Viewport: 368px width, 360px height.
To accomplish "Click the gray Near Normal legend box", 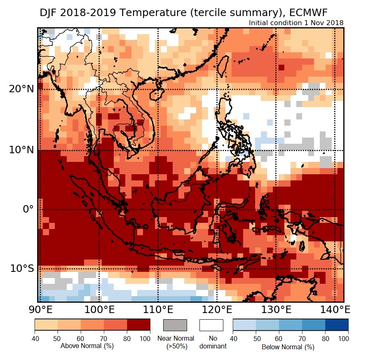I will pos(175,325).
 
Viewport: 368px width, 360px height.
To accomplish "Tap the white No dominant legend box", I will pos(211,325).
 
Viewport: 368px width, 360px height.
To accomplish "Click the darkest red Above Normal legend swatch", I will pos(138,325).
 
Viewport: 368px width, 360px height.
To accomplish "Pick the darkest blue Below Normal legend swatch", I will pos(337,325).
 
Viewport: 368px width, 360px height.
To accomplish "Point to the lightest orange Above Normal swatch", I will pos(46,325).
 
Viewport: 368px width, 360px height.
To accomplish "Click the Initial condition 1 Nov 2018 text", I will pos(296,23).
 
